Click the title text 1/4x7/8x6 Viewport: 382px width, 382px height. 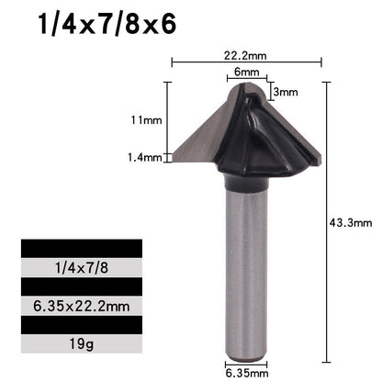tap(107, 26)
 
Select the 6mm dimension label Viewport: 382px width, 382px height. tap(246, 73)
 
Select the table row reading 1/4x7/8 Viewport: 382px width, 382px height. tap(81, 268)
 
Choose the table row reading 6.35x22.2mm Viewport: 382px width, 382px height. tap(81, 302)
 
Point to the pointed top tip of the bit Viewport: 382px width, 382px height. tap(246, 85)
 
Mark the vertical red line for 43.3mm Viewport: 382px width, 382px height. tap(326, 220)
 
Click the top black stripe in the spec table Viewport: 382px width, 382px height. tap(81, 251)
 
